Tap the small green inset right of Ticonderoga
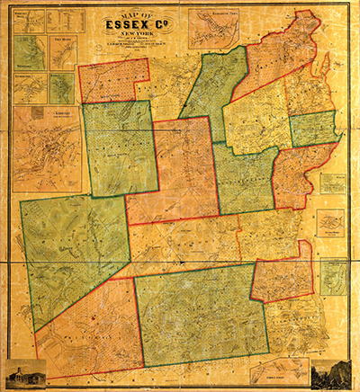[61, 87]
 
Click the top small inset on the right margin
[333, 184]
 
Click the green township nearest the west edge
[72, 256]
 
